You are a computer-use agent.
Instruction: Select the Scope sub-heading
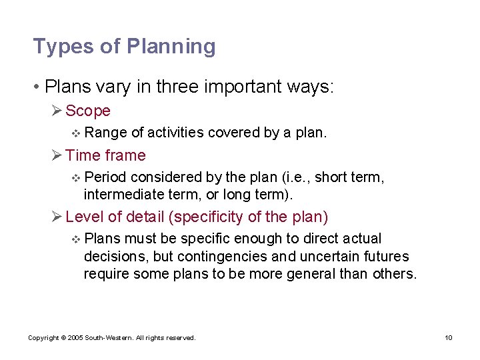[x=88, y=111]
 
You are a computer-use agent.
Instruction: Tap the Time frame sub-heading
[x=105, y=155]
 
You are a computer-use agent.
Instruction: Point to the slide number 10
[x=449, y=338]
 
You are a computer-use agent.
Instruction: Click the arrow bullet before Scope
[x=57, y=111]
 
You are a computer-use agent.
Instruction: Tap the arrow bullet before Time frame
[x=57, y=155]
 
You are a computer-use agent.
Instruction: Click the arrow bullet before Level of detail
[x=57, y=217]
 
